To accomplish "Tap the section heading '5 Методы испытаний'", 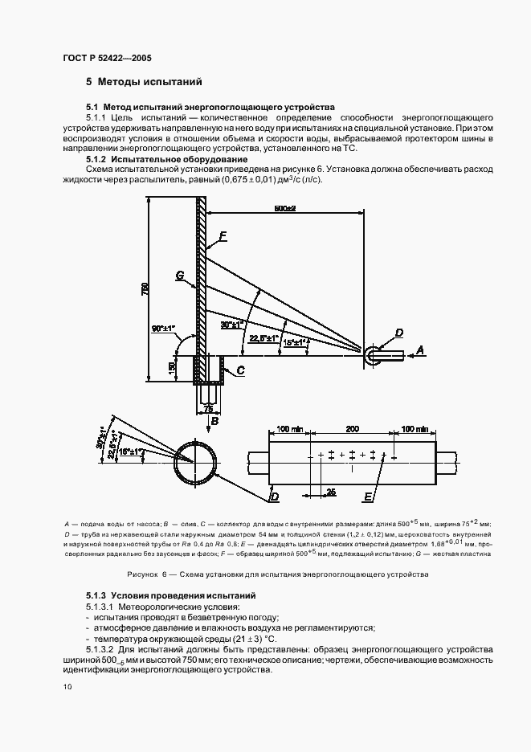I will click(144, 82).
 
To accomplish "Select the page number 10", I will click(67, 686).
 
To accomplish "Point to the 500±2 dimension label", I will click(284, 209).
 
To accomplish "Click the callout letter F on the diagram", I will click(223, 237).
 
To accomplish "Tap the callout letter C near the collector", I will click(239, 370).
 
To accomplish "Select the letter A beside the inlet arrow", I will click(419, 350).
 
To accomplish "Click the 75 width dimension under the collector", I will click(208, 409).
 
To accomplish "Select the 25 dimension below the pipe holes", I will click(331, 489).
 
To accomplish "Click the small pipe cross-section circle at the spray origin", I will click(373, 354).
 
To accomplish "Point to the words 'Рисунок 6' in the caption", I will click(147, 574).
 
